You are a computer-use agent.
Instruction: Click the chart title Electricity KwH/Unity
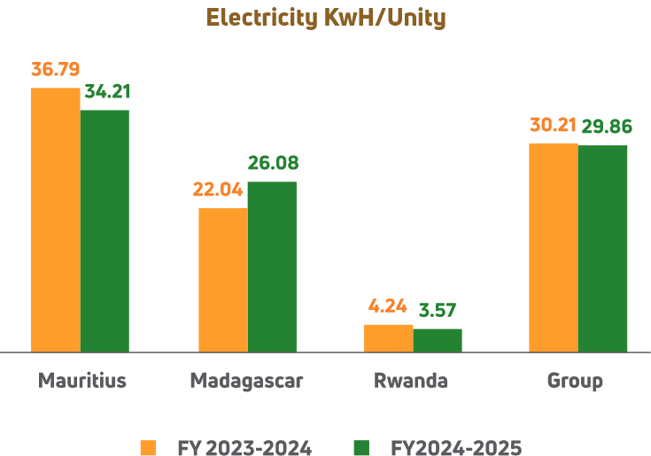[325, 17]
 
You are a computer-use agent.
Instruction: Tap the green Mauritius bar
[105, 230]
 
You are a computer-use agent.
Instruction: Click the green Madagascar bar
[272, 267]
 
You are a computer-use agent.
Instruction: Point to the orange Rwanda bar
[388, 338]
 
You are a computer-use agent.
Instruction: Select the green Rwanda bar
[438, 340]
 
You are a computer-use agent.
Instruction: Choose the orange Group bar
[554, 247]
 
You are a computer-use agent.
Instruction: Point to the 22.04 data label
[218, 189]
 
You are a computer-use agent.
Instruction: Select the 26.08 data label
[273, 163]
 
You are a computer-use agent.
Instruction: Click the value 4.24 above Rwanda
[387, 306]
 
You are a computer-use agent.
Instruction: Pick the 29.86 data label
[607, 127]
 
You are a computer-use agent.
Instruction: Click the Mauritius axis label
[81, 381]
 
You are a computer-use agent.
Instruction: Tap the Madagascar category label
[246, 381]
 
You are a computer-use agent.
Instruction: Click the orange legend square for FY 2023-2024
[148, 447]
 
